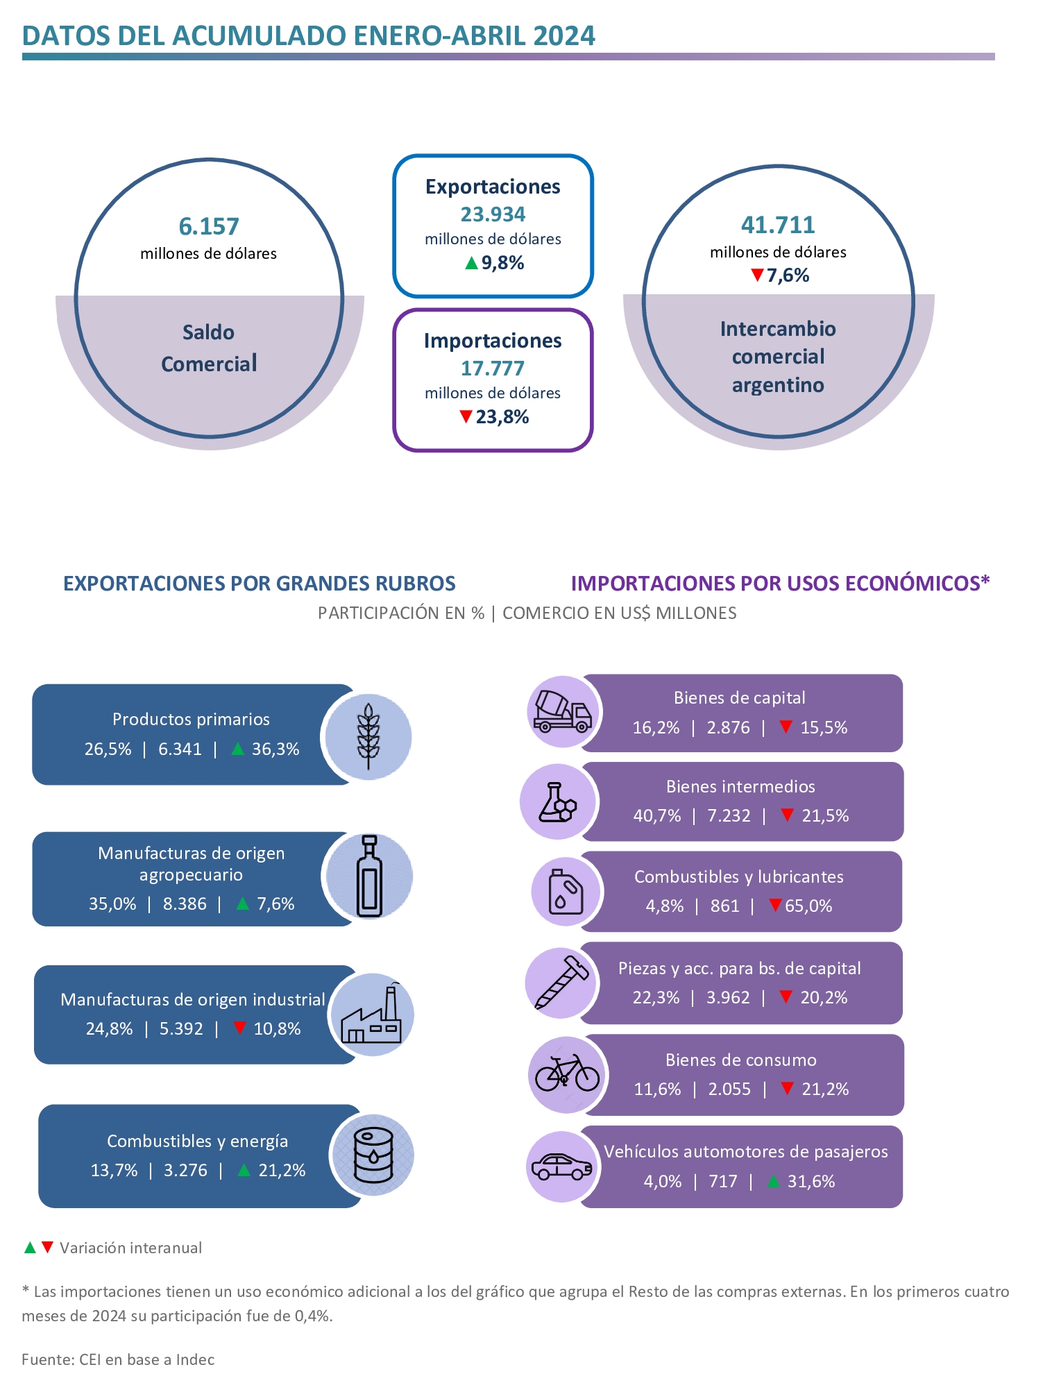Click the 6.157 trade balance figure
208,226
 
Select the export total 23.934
493,214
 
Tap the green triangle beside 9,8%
471,263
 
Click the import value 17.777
493,368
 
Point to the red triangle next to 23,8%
466,417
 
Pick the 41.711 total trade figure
778,225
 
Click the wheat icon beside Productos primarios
368,736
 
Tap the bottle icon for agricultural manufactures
369,876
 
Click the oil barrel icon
373,1155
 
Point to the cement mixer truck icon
562,712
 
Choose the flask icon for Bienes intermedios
558,802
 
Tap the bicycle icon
567,1074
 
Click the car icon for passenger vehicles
561,1167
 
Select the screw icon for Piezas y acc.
561,983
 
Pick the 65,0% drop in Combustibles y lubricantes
808,906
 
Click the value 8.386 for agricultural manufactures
185,903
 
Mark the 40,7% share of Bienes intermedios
656,815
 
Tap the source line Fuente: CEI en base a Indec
118,1359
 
